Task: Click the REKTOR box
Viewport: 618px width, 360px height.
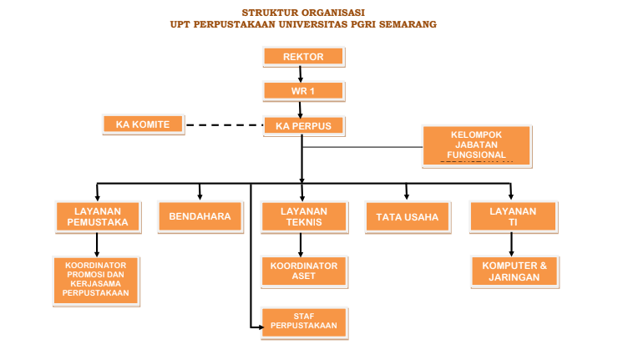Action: click(x=303, y=57)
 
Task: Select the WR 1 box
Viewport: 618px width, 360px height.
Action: click(x=303, y=90)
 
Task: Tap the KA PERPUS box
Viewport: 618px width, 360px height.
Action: click(x=303, y=125)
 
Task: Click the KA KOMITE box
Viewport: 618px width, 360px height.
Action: click(x=143, y=124)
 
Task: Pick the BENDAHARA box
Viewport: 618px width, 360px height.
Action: click(x=200, y=217)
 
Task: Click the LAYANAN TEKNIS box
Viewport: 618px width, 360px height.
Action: click(x=303, y=217)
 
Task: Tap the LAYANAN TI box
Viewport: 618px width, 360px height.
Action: click(x=513, y=217)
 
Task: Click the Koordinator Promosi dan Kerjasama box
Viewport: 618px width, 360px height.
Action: click(x=96, y=281)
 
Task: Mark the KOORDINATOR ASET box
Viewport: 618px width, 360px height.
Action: click(x=303, y=271)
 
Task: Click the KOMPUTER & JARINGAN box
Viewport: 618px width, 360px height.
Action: click(x=514, y=271)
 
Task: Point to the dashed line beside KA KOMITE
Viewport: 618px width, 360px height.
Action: click(x=223, y=125)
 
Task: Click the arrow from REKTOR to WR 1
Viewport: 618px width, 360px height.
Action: click(x=301, y=74)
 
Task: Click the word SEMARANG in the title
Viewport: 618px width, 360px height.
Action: click(x=404, y=24)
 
